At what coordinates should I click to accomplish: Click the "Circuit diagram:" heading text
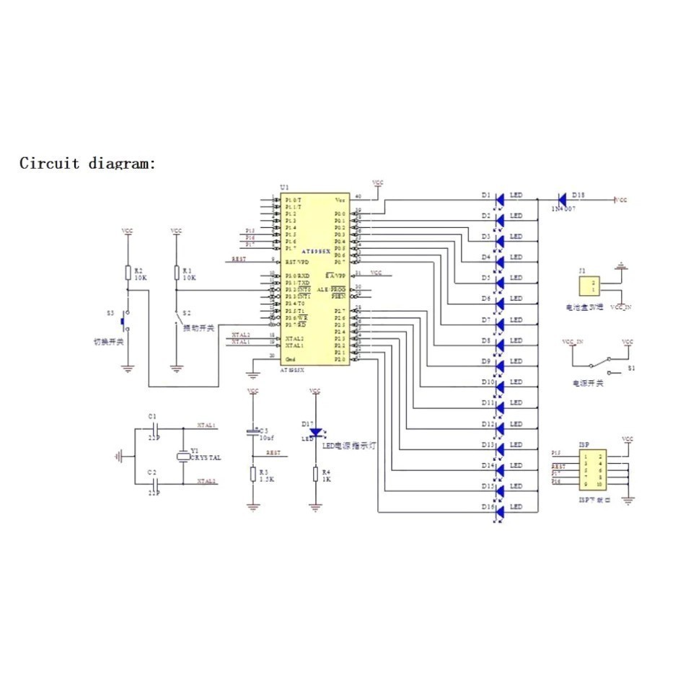coord(87,163)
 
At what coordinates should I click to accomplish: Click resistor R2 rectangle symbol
coord(128,273)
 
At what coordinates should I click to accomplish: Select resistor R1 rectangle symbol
coord(176,273)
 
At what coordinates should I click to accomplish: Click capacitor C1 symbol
coord(152,427)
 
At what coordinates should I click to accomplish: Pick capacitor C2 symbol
coord(152,481)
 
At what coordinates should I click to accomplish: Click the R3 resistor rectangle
coord(252,474)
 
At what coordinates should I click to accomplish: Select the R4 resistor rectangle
coord(315,474)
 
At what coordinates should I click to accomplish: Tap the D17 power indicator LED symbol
coord(315,431)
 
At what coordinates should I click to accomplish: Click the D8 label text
coord(486,340)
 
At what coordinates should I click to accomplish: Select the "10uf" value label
coord(267,438)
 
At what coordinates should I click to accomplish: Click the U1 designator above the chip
coord(283,187)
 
